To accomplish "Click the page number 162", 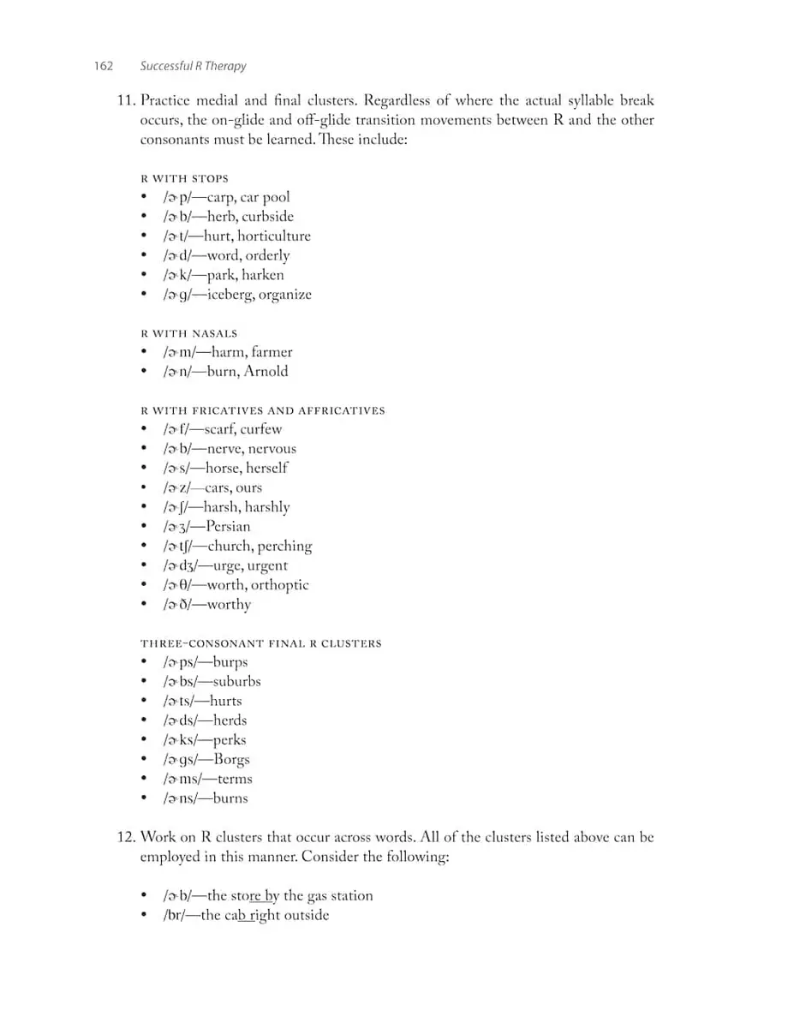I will pyautogui.click(x=104, y=66).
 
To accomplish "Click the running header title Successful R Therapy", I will pyautogui.click(x=193, y=66).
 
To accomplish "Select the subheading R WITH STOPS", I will pyautogui.click(x=184, y=178).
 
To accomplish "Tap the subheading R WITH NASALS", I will pyautogui.click(x=188, y=332).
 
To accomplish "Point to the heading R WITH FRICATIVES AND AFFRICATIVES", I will pyautogui.click(x=262, y=410).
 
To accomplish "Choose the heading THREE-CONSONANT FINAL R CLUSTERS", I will pyautogui.click(x=260, y=642).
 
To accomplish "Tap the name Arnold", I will pyautogui.click(x=266, y=371).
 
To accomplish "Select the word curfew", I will pyautogui.click(x=260, y=429).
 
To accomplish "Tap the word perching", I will pyautogui.click(x=285, y=546).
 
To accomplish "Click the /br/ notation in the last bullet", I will pyautogui.click(x=176, y=915).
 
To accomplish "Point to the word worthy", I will pyautogui.click(x=229, y=604).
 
